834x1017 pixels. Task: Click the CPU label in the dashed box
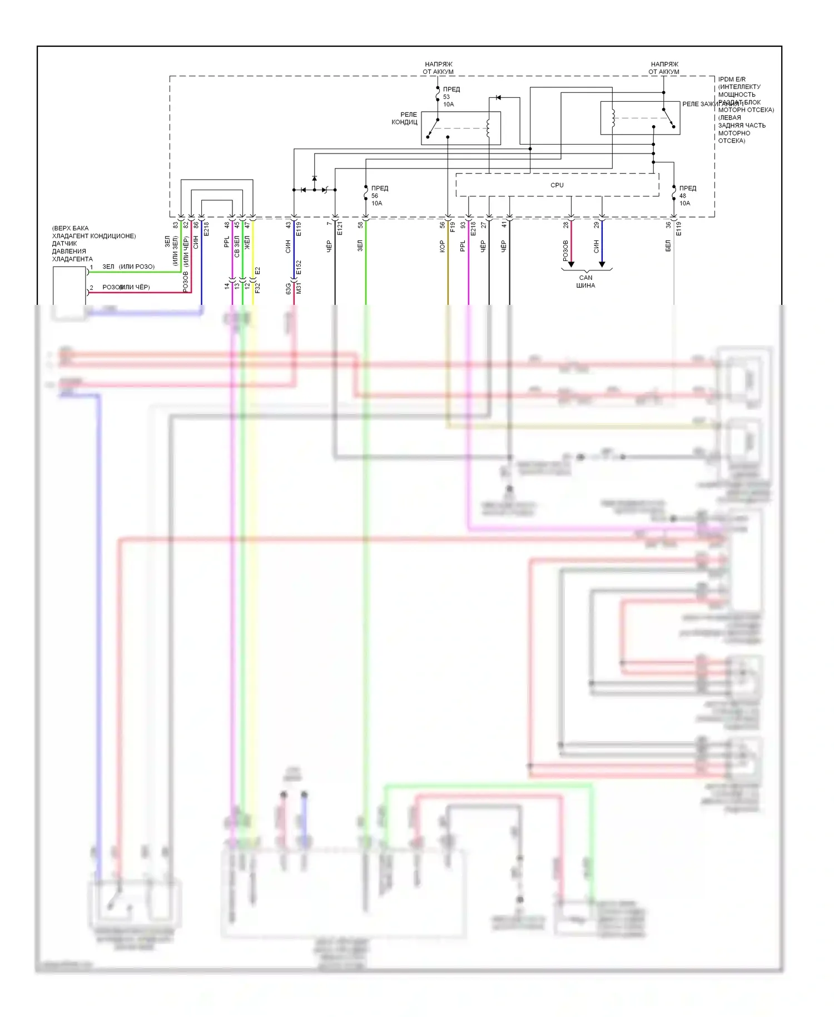click(557, 185)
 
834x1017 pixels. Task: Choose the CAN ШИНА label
click(585, 282)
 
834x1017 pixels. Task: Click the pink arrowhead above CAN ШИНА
click(571, 264)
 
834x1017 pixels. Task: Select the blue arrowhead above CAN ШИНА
click(602, 264)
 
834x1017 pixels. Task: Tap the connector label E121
click(340, 228)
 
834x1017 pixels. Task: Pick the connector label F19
click(453, 227)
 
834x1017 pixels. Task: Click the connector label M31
click(299, 288)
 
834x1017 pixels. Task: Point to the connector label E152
click(299, 268)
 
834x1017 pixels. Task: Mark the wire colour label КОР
click(442, 246)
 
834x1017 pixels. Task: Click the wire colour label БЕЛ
click(668, 246)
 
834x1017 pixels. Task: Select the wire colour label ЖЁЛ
click(247, 243)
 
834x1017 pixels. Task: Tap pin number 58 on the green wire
click(360, 225)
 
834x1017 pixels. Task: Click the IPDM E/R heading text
click(732, 80)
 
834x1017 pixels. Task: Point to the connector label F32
click(257, 288)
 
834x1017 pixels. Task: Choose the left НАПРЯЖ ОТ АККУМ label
click(438, 68)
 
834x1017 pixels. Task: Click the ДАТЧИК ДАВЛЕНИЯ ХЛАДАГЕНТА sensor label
click(72, 251)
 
